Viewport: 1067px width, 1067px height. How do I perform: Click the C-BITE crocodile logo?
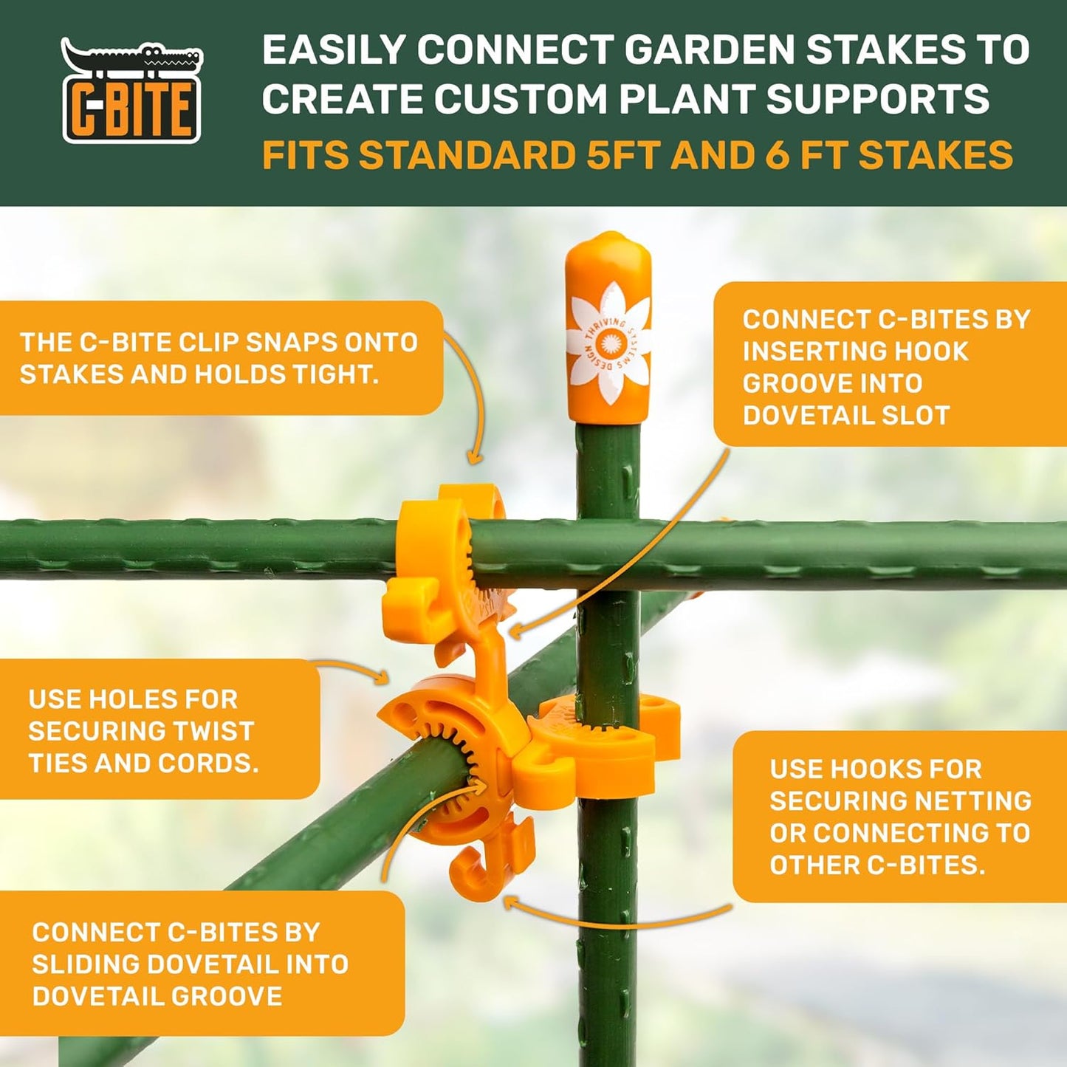[x=131, y=91]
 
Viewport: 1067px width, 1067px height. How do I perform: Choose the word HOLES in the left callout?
[x=157, y=699]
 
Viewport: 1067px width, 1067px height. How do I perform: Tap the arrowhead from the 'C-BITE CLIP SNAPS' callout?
[x=475, y=459]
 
